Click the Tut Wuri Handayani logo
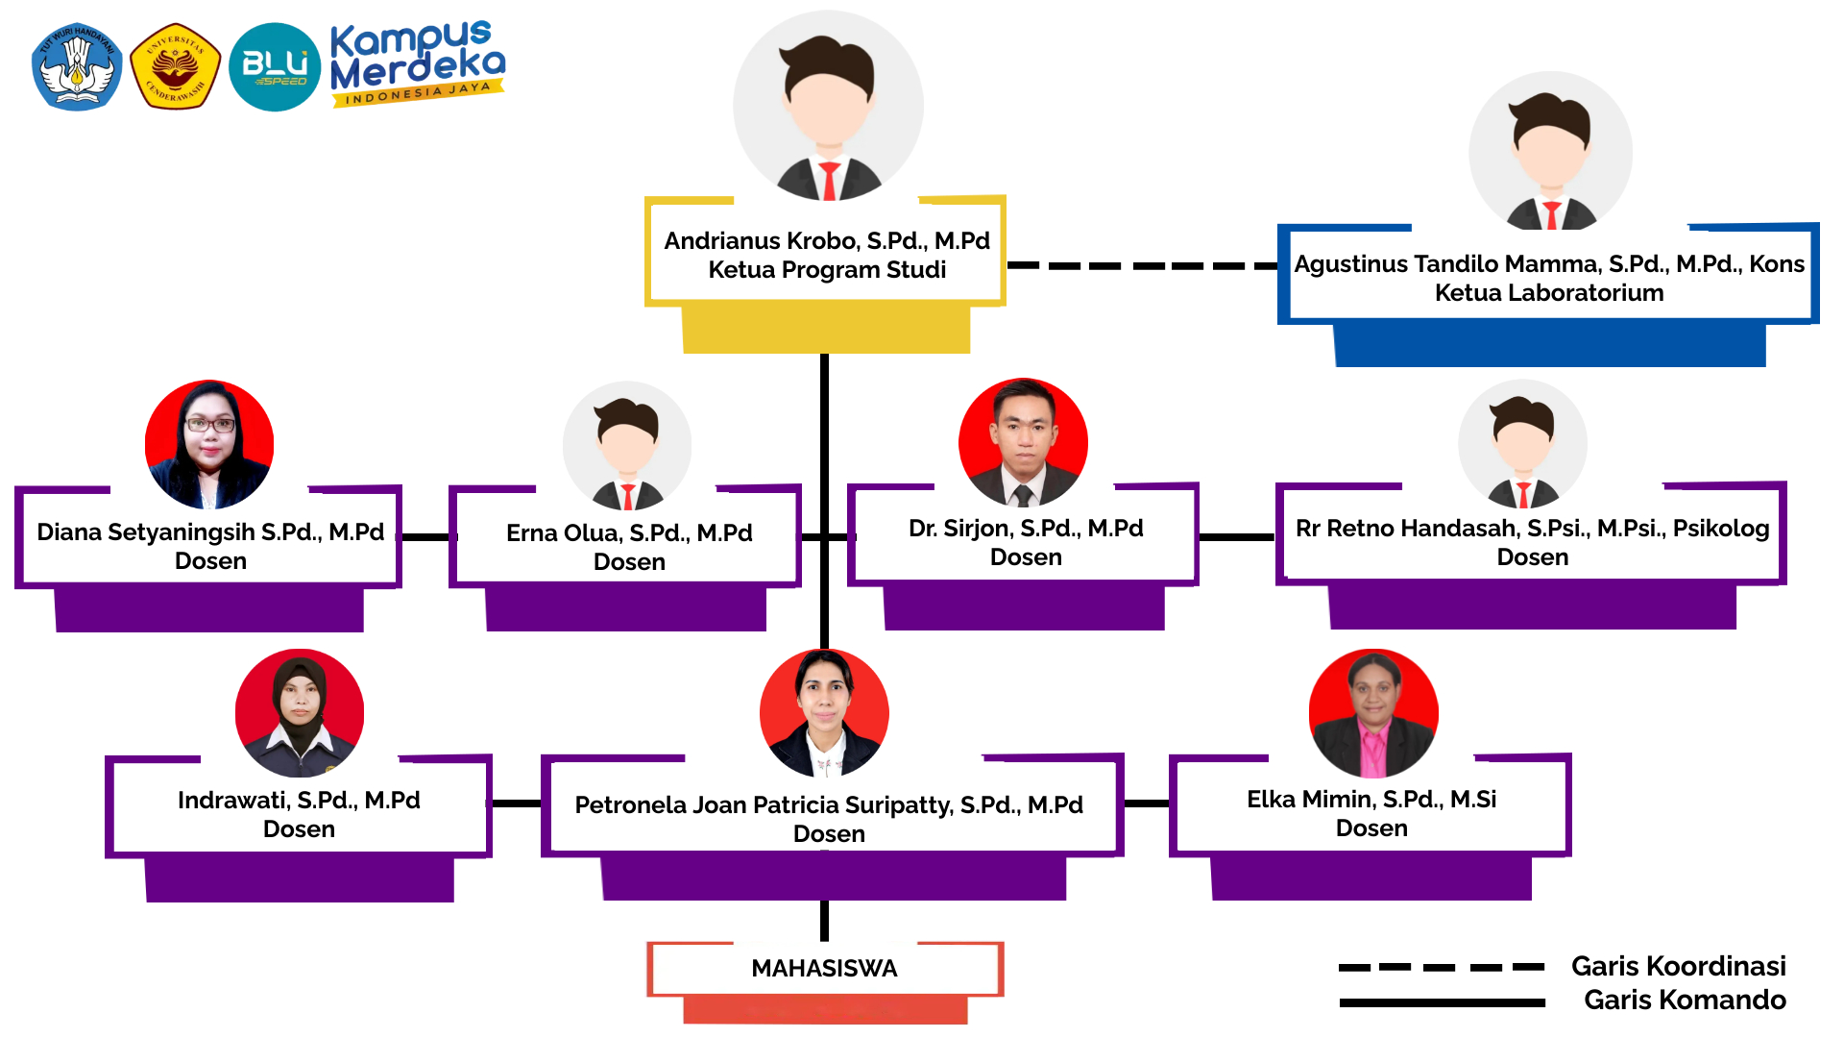coord(77,66)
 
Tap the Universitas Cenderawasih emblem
coord(175,66)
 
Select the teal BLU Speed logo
coord(275,66)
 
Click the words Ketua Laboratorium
coord(1548,293)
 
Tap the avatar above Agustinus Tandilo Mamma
coord(1550,154)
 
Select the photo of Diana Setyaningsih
coord(209,445)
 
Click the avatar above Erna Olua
coord(627,446)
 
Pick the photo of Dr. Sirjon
coord(1023,443)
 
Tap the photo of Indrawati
coord(300,713)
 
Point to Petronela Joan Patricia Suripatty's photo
coord(824,713)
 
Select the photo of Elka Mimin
coord(1373,713)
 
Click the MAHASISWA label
coord(824,968)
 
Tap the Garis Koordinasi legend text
coord(1678,966)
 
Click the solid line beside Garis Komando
coord(1442,1002)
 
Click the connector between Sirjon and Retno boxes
coord(1237,537)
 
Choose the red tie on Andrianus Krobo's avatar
coord(829,181)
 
